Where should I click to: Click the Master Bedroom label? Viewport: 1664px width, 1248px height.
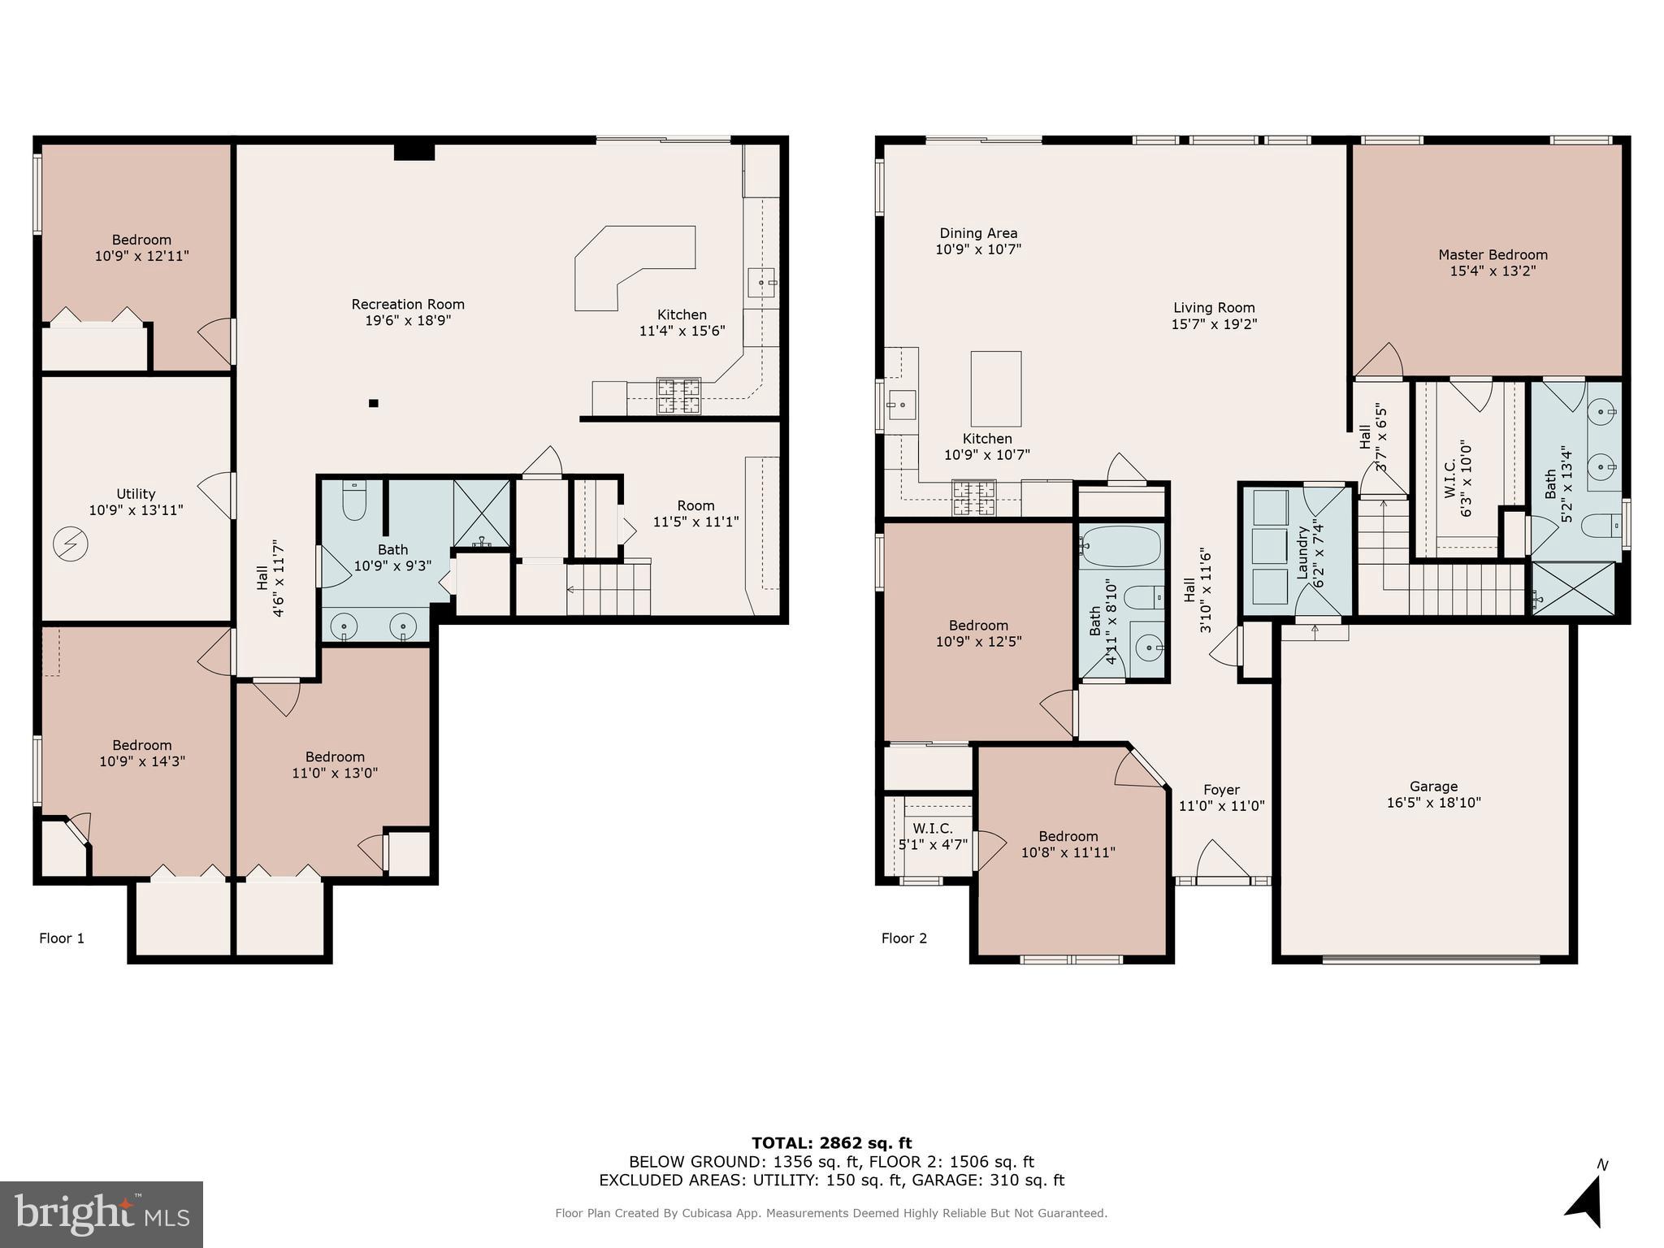click(1493, 255)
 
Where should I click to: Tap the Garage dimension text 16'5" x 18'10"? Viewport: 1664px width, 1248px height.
click(1433, 803)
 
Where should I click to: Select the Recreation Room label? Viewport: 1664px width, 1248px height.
click(408, 305)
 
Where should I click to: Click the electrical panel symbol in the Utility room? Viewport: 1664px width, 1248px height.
click(70, 544)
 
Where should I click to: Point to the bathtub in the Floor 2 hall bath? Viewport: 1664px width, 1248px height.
click(1120, 547)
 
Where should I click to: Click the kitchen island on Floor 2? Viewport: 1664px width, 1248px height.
click(995, 388)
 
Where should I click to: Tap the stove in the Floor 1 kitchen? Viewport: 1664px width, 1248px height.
click(678, 396)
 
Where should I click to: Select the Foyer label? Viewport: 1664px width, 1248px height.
click(1221, 790)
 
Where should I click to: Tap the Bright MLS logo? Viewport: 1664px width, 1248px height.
click(102, 1214)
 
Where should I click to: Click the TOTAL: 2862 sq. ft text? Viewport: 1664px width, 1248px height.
click(831, 1143)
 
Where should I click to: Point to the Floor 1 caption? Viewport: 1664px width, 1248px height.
click(62, 938)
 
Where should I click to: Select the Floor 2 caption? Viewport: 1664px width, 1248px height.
click(903, 938)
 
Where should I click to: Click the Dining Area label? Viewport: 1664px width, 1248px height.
click(978, 233)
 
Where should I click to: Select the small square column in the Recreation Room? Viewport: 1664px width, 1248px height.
click(373, 403)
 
